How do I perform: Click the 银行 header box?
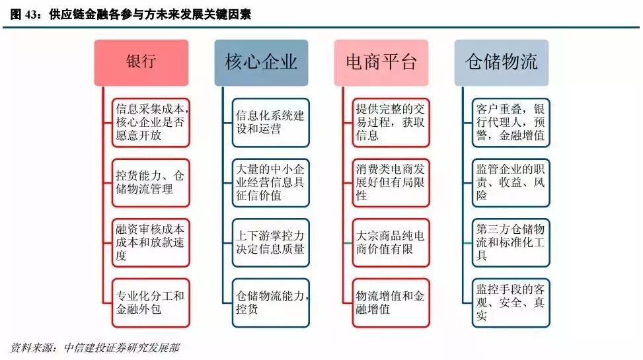[x=141, y=62]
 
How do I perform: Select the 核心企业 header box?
[x=261, y=62]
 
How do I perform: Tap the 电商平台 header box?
[x=381, y=62]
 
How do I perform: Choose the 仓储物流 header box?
[x=502, y=62]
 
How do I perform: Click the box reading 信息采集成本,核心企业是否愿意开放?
[x=151, y=122]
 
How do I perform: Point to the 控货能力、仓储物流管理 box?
[x=151, y=182]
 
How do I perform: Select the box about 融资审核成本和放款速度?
[x=151, y=242]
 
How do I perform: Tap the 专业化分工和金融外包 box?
[x=151, y=303]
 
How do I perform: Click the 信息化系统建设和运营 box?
[x=270, y=122]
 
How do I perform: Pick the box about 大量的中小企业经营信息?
[x=270, y=182]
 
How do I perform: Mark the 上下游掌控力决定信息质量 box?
[x=270, y=242]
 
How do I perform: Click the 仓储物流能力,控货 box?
[x=270, y=303]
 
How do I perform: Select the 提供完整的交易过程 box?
[x=391, y=122]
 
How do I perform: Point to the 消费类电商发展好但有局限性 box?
[x=391, y=182]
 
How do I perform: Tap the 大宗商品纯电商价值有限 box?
[x=391, y=242]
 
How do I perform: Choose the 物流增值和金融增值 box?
[x=391, y=303]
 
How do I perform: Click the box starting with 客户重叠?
[x=511, y=122]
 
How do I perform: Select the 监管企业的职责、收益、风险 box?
[x=511, y=182]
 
